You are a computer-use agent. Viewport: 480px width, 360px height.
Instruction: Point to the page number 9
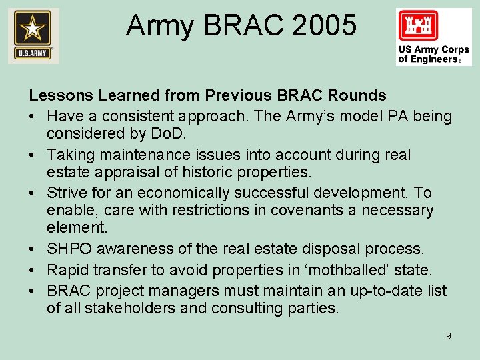coord(448,336)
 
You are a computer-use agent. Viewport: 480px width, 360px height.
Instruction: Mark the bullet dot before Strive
coord(33,193)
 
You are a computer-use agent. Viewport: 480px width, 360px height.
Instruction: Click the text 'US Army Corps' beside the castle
coord(433,50)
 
